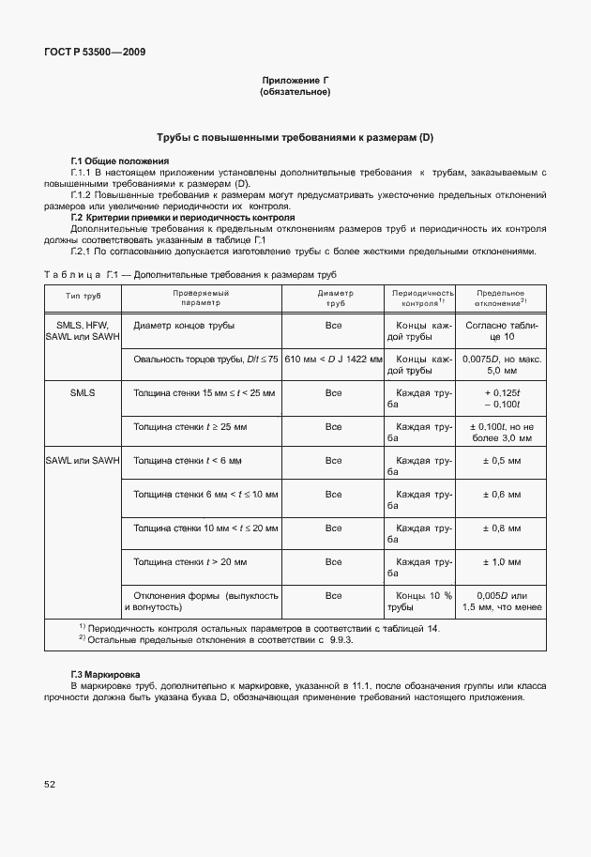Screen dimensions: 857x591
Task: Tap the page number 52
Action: tap(48, 783)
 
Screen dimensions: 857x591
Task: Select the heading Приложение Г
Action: tap(295, 82)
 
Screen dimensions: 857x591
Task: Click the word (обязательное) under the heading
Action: tap(295, 93)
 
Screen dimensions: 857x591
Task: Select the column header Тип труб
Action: tap(83, 298)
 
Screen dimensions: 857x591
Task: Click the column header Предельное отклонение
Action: tap(500, 298)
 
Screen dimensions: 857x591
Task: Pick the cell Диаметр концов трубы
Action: tap(185, 326)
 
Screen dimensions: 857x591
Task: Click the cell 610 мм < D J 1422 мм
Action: tap(333, 360)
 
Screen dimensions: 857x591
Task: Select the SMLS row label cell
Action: tap(83, 393)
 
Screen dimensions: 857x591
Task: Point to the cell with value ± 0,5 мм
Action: tap(501, 461)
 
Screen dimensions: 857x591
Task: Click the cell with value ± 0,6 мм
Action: tap(501, 495)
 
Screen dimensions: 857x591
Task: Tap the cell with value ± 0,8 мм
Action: tap(501, 528)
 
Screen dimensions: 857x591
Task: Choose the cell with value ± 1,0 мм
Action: tap(501, 562)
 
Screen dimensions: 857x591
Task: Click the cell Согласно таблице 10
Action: tap(501, 330)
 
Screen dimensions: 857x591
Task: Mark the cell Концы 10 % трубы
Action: tap(424, 601)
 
